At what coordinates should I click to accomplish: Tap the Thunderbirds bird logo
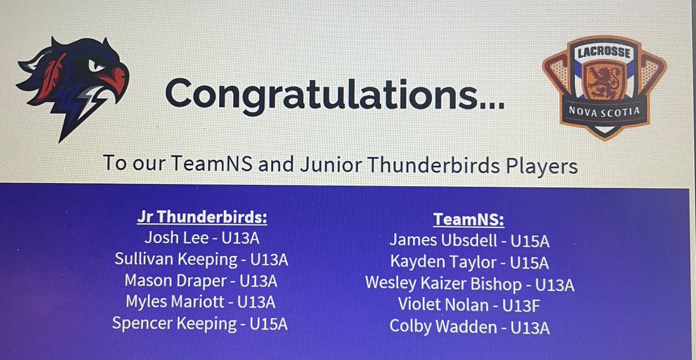pyautogui.click(x=72, y=84)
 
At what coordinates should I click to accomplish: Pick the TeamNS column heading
pyautogui.click(x=469, y=219)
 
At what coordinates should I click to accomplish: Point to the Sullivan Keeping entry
pyautogui.click(x=201, y=259)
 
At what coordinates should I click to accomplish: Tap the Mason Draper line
pyautogui.click(x=201, y=281)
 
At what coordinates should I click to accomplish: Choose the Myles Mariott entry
pyautogui.click(x=201, y=302)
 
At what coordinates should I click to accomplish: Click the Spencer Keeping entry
pyautogui.click(x=201, y=323)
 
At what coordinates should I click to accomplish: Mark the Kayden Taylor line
pyautogui.click(x=469, y=262)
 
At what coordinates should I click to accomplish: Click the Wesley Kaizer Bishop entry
pyautogui.click(x=469, y=283)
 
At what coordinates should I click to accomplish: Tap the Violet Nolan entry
pyautogui.click(x=469, y=304)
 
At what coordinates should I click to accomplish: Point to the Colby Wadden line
pyautogui.click(x=469, y=326)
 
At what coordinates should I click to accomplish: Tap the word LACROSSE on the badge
pyautogui.click(x=603, y=53)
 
